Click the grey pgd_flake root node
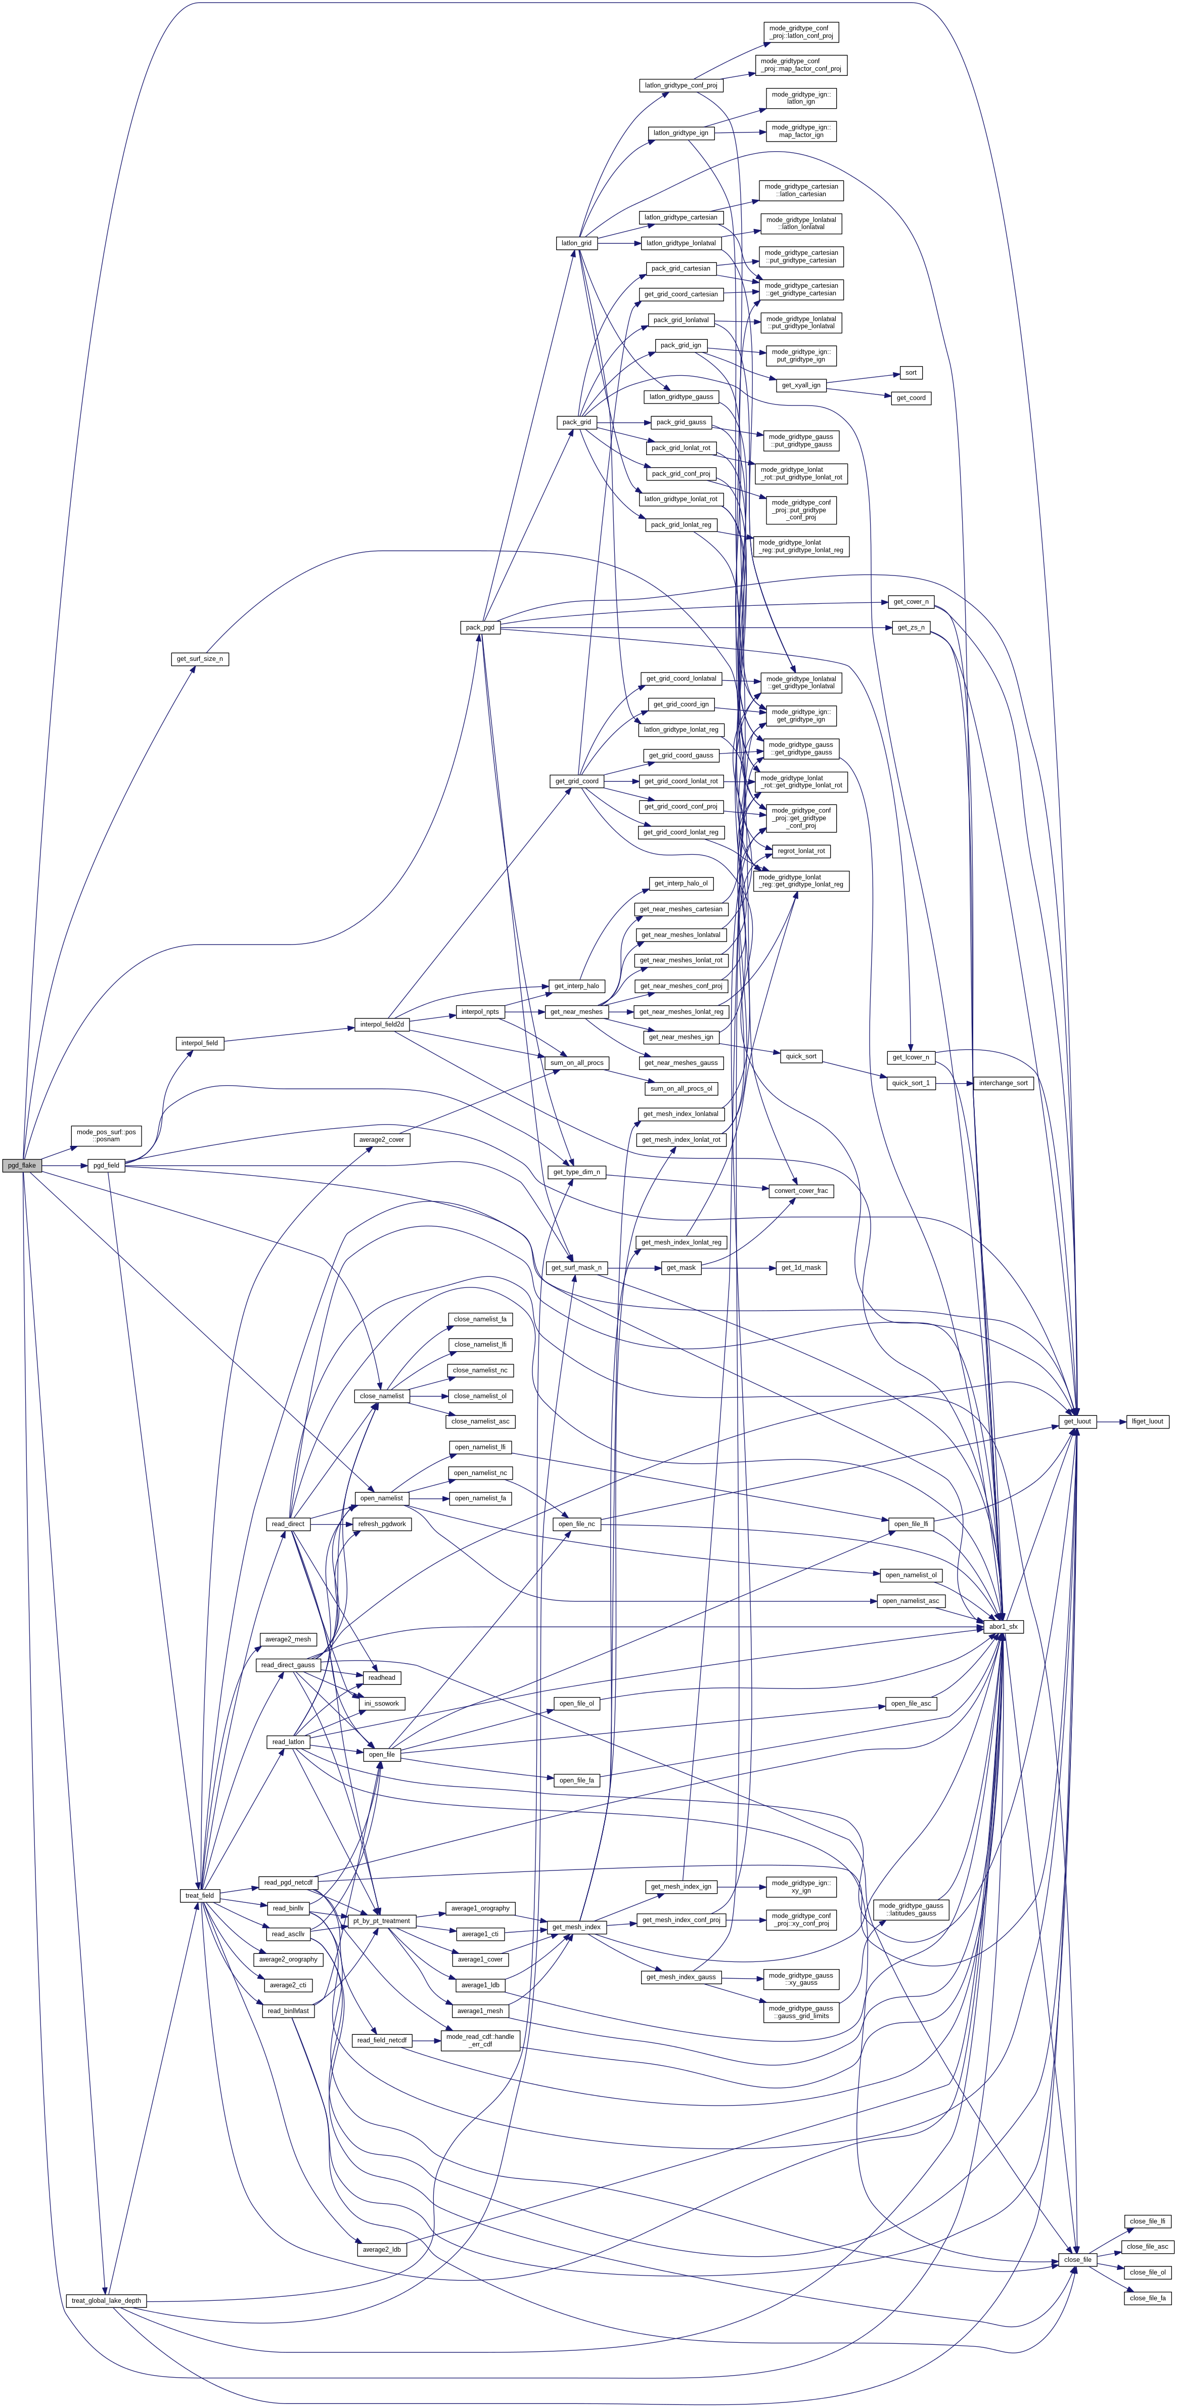point(21,1166)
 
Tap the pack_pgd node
point(480,627)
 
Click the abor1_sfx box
point(1003,1627)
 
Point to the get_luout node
point(1077,1422)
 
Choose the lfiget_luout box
point(1147,1422)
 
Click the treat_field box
point(199,1896)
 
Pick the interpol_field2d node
point(381,1024)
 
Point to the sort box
point(910,373)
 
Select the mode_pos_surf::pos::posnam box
point(106,1136)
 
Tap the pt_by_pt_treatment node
point(381,1921)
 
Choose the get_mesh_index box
point(576,1928)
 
